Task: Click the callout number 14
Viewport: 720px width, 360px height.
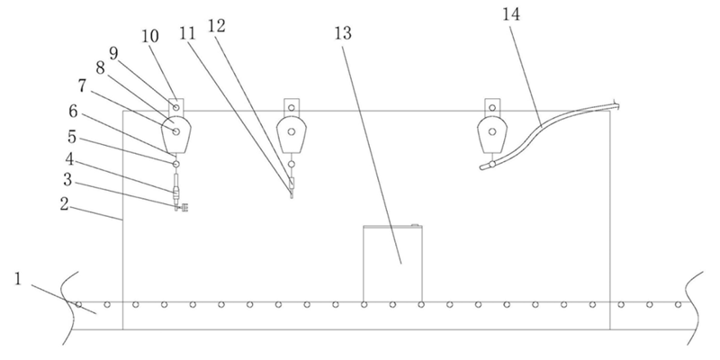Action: [510, 14]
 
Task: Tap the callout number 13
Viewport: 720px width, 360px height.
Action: [343, 33]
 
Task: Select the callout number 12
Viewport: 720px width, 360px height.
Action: [217, 26]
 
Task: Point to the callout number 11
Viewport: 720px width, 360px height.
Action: [188, 33]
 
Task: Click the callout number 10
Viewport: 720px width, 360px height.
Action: [149, 36]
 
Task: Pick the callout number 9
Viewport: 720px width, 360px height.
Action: [114, 53]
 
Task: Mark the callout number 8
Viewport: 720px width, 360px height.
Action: [100, 68]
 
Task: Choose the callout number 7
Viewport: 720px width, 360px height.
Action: [82, 85]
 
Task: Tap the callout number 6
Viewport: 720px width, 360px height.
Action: [73, 111]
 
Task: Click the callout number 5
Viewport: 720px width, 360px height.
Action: [71, 137]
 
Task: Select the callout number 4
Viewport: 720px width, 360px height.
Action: [69, 159]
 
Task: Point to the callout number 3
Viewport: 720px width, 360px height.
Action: [67, 180]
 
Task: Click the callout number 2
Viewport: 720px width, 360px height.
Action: [64, 204]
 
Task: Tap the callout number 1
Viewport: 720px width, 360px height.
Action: [17, 279]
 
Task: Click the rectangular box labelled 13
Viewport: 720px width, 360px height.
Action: [392, 264]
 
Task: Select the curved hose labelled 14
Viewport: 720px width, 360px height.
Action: [549, 136]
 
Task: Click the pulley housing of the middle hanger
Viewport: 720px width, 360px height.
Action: [291, 133]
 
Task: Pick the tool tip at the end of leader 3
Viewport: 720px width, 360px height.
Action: [182, 208]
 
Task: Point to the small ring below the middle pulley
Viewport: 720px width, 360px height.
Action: [291, 164]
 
